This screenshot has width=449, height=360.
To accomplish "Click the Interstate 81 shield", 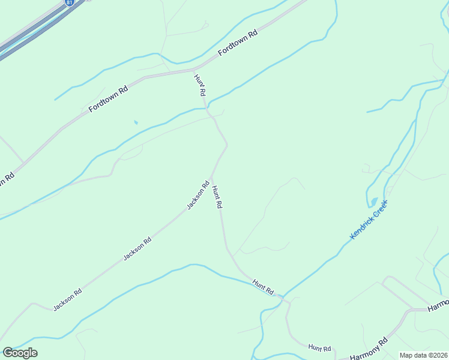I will [x=71, y=2].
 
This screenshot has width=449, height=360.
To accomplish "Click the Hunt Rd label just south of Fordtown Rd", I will [x=200, y=85].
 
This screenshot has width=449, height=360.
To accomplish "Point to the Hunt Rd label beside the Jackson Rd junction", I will [x=217, y=196].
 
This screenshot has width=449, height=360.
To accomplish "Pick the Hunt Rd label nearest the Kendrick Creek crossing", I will [x=263, y=286].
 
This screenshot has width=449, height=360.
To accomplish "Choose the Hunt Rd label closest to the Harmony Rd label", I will [x=319, y=348].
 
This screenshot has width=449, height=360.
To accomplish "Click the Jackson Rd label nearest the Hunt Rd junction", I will [x=197, y=195].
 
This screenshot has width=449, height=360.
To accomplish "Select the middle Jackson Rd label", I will [x=137, y=248].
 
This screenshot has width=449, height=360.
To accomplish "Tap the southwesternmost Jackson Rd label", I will [x=67, y=299].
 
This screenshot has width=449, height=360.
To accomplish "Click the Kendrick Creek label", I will [x=369, y=220].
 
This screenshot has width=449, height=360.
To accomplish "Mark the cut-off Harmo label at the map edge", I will [x=438, y=305].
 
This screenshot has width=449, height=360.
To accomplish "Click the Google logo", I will [x=20, y=353].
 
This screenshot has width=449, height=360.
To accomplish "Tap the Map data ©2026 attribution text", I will [x=424, y=355].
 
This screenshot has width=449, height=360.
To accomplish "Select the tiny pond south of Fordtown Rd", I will [x=136, y=122].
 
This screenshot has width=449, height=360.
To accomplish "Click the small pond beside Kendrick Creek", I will [x=374, y=201].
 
